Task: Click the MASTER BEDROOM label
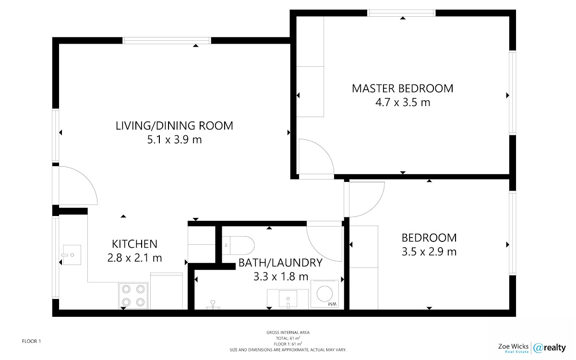point(402,88)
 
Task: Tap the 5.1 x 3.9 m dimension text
point(174,140)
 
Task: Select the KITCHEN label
point(134,244)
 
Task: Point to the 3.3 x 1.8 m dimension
point(281,276)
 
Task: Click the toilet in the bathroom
point(238,245)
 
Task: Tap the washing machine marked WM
point(324,294)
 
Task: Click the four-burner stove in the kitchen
point(133,296)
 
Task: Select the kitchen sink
point(72,255)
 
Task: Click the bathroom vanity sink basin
point(288,299)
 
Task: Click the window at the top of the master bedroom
point(401,13)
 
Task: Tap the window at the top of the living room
point(167,40)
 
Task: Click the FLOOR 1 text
point(31,341)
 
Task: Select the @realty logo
point(550,348)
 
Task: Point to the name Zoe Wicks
point(513,346)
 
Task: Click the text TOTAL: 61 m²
point(288,338)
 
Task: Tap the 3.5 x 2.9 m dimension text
point(429,252)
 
